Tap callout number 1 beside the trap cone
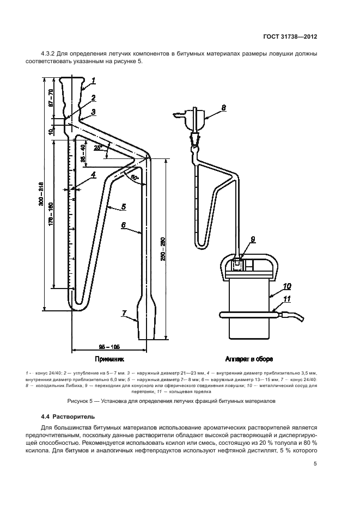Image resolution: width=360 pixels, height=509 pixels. click(x=94, y=81)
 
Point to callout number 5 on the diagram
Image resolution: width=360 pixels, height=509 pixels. click(x=124, y=206)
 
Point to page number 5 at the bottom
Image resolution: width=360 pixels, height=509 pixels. click(x=315, y=464)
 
